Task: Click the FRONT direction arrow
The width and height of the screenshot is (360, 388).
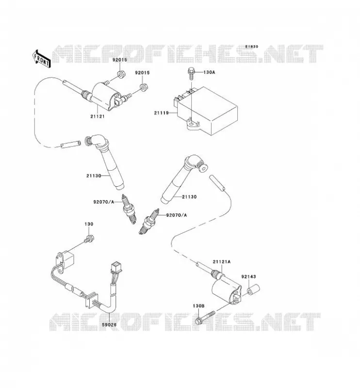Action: click(41, 59)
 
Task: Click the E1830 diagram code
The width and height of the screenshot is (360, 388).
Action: click(252, 47)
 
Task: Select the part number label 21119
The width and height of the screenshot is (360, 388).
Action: click(161, 113)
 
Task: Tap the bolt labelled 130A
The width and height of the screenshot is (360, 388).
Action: click(191, 73)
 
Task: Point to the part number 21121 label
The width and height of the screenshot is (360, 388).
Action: click(98, 116)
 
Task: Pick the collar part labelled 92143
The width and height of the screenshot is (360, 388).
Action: click(253, 290)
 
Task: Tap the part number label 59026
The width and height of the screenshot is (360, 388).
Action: click(109, 324)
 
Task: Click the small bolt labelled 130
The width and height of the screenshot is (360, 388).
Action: click(89, 239)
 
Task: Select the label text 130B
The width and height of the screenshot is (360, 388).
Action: click(198, 306)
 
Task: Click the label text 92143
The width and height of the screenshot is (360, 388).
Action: click(249, 276)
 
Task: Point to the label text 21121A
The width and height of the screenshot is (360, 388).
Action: click(222, 261)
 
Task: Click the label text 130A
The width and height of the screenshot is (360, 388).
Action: click(209, 72)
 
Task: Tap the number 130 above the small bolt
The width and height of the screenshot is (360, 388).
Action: click(89, 224)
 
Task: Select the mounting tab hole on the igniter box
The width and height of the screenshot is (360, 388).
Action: click(191, 122)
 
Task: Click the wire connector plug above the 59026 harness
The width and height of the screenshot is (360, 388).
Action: click(115, 266)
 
